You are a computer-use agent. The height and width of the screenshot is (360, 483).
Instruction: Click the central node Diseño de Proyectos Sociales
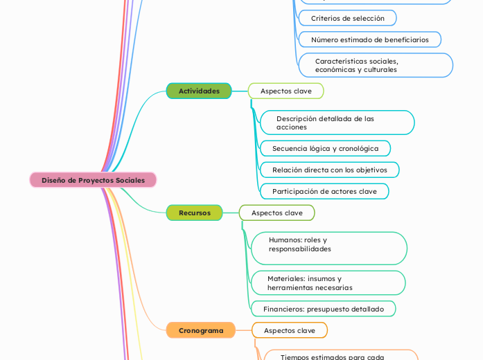coord(93,180)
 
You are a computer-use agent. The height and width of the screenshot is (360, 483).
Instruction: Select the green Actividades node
coord(199,91)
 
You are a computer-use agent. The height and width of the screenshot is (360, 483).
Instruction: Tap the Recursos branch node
coord(194,213)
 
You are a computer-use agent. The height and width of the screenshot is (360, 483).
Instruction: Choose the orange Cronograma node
coord(201,330)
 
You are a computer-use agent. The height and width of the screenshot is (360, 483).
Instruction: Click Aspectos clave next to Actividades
coord(286,91)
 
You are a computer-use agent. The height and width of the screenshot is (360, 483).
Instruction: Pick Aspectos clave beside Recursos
coord(276,213)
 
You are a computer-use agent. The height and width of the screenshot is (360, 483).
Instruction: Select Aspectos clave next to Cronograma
coord(289,330)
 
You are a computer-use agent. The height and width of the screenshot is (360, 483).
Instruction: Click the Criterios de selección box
coord(347,18)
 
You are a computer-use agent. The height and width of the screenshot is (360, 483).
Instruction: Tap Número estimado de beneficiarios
coord(369,39)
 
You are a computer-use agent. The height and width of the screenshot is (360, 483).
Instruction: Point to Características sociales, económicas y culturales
coord(375,65)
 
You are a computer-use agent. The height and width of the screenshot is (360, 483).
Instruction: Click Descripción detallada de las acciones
coord(337,123)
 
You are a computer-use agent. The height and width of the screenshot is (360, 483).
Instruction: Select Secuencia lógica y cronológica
coord(325,148)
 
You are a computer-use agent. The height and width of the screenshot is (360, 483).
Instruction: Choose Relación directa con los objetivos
coord(329,170)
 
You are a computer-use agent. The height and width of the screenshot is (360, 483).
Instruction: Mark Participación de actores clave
coord(324,191)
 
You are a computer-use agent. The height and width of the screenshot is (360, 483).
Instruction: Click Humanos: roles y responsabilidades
coord(328,248)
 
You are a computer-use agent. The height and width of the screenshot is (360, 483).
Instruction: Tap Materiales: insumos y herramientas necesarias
coord(327,282)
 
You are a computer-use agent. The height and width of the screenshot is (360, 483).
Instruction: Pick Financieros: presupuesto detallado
coord(323,309)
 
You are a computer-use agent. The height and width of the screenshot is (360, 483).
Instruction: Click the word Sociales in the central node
coord(130,180)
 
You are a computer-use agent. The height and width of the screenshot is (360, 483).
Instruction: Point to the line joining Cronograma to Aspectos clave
coord(243,330)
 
